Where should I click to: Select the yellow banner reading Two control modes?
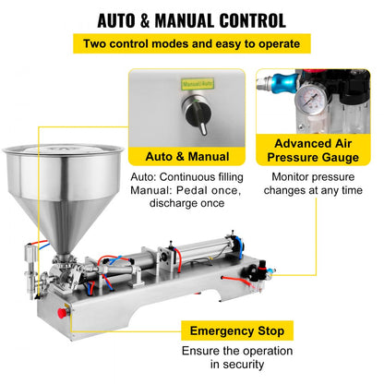(x=191, y=44)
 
